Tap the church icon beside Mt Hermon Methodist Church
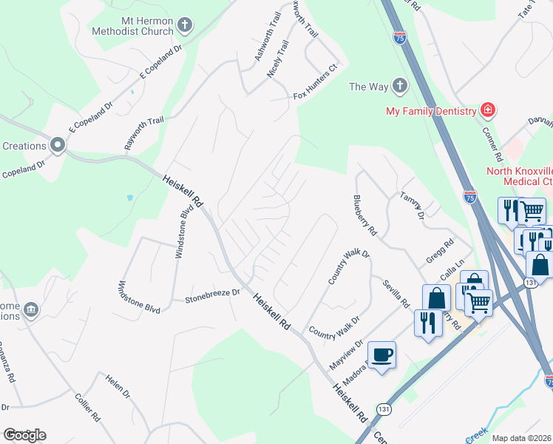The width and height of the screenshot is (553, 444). [x=185, y=26]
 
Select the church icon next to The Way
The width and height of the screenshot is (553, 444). [x=400, y=86]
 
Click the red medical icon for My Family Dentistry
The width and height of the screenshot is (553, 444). [x=487, y=111]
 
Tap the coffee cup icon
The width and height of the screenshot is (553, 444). [x=381, y=355]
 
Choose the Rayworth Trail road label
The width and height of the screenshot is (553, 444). [x=143, y=133]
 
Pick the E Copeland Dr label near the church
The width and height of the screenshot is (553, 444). [x=160, y=64]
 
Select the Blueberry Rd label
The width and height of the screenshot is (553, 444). [x=365, y=215]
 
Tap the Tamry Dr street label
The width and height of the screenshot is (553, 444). [x=412, y=205]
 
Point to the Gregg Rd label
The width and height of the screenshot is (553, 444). [x=439, y=252]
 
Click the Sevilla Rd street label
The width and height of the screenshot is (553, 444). [x=396, y=292]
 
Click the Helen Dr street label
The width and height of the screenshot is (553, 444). [x=118, y=383]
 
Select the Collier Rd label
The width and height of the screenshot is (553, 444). [x=87, y=407]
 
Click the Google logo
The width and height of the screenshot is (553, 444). [x=24, y=434]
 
